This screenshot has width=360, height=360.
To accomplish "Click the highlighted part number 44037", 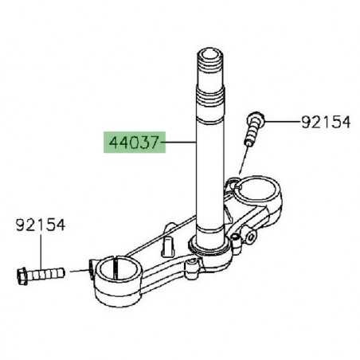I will click(131, 143).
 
